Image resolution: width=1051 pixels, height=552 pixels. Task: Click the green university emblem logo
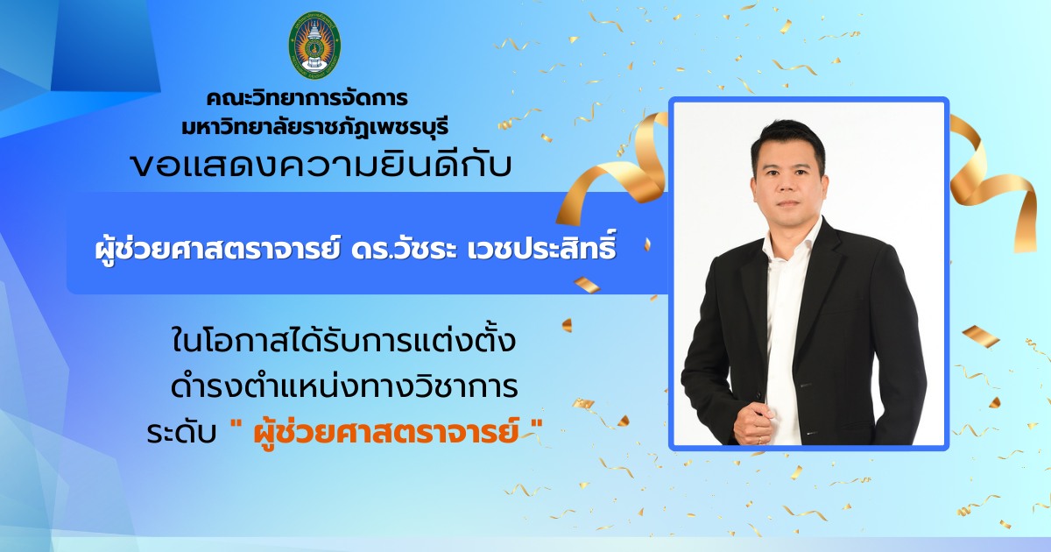point(314,45)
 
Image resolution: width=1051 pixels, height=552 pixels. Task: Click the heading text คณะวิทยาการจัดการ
point(307,98)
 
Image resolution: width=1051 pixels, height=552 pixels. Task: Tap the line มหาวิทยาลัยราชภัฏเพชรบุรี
point(315,127)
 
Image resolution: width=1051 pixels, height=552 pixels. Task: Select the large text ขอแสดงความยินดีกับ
point(321,166)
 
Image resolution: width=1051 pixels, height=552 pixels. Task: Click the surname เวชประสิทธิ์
point(541,248)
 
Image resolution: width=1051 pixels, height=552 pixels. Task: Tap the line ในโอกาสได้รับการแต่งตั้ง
point(344,341)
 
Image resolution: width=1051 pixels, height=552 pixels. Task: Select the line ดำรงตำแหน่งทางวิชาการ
point(344,386)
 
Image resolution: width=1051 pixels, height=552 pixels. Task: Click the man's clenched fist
point(753,423)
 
